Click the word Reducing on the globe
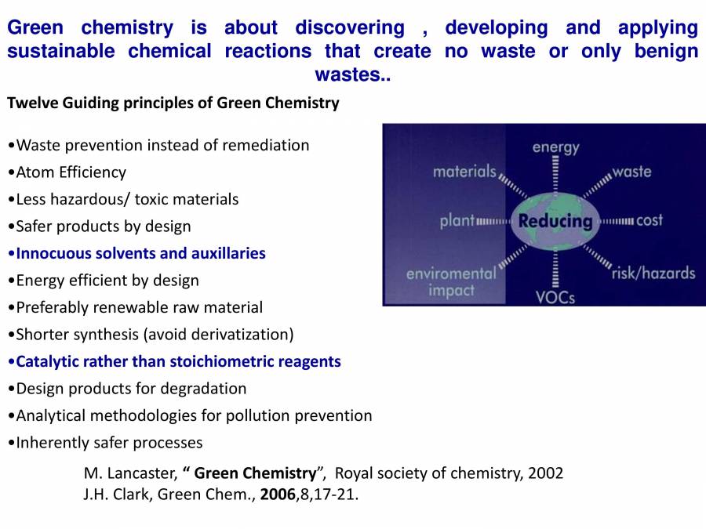point(555,220)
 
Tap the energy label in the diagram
point(555,147)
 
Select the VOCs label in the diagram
point(555,296)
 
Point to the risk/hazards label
point(653,273)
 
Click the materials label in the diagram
point(464,171)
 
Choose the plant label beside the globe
point(457,220)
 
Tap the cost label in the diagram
point(650,220)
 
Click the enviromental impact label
point(451,281)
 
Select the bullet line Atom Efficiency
point(71,172)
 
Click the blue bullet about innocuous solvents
point(141,253)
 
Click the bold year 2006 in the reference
point(278,495)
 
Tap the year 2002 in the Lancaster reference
point(545,473)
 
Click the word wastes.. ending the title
point(352,75)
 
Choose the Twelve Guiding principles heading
point(173,103)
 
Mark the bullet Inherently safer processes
point(109,443)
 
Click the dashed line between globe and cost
point(618,221)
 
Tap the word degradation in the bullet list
point(205,389)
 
